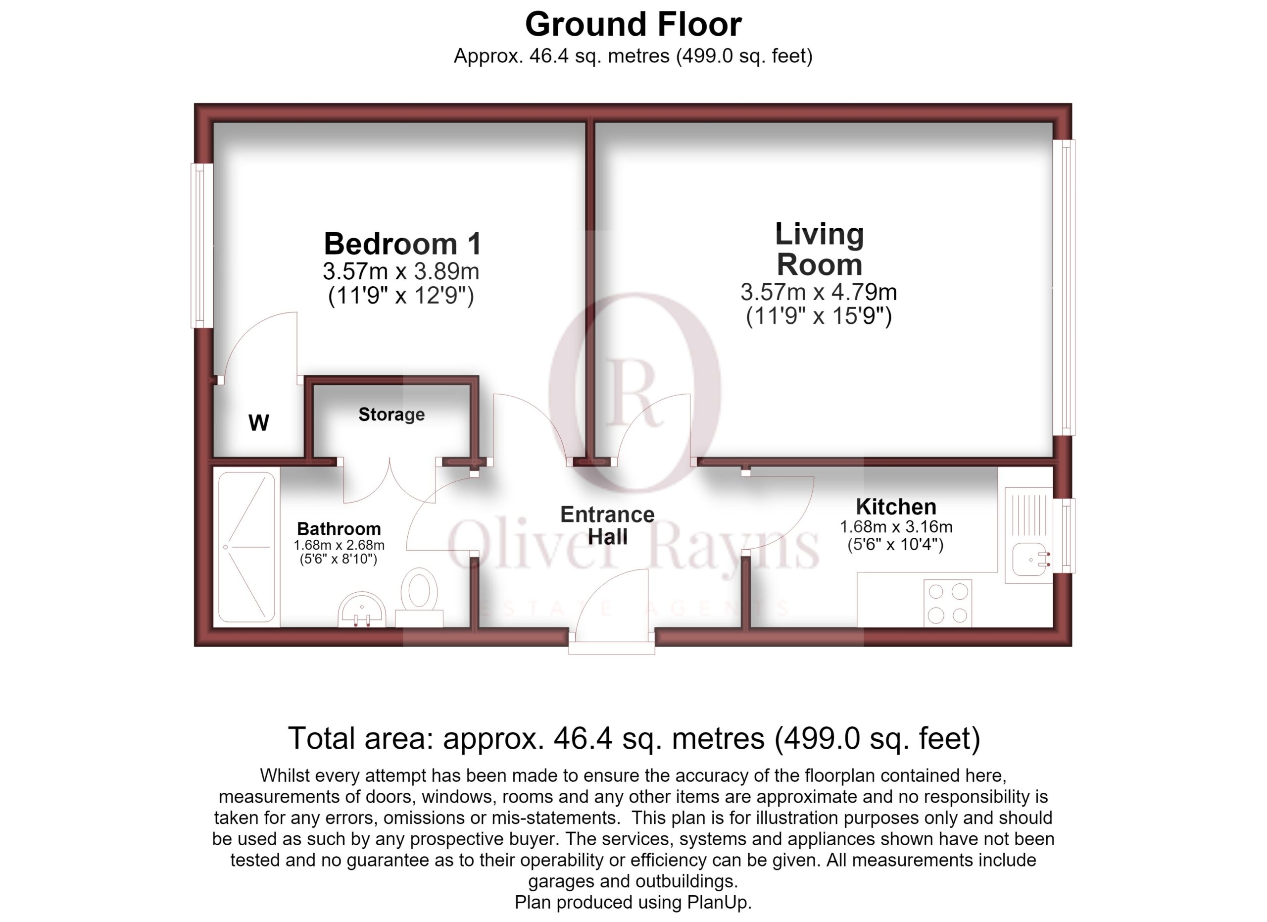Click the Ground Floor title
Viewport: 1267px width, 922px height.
coord(633,25)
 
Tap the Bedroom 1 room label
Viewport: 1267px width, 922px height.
coord(402,244)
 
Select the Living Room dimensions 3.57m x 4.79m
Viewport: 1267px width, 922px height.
coord(819,292)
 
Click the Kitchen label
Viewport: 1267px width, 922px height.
coord(896,507)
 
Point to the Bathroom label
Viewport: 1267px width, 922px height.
coord(339,529)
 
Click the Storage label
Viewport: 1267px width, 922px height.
coord(391,414)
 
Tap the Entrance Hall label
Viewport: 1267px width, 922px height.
coord(608,526)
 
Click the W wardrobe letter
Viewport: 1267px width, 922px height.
coord(259,423)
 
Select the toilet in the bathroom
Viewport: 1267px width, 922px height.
coord(419,597)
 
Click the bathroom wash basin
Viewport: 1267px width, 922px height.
coord(362,609)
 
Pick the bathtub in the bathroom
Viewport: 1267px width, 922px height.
coord(246,547)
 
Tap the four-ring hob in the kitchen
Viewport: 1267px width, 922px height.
coord(947,603)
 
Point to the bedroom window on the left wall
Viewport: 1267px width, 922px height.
coord(201,245)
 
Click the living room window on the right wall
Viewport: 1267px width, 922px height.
coord(1064,287)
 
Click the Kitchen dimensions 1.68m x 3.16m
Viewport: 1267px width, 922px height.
coord(896,527)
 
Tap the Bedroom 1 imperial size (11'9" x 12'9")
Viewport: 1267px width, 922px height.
coord(401,296)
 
